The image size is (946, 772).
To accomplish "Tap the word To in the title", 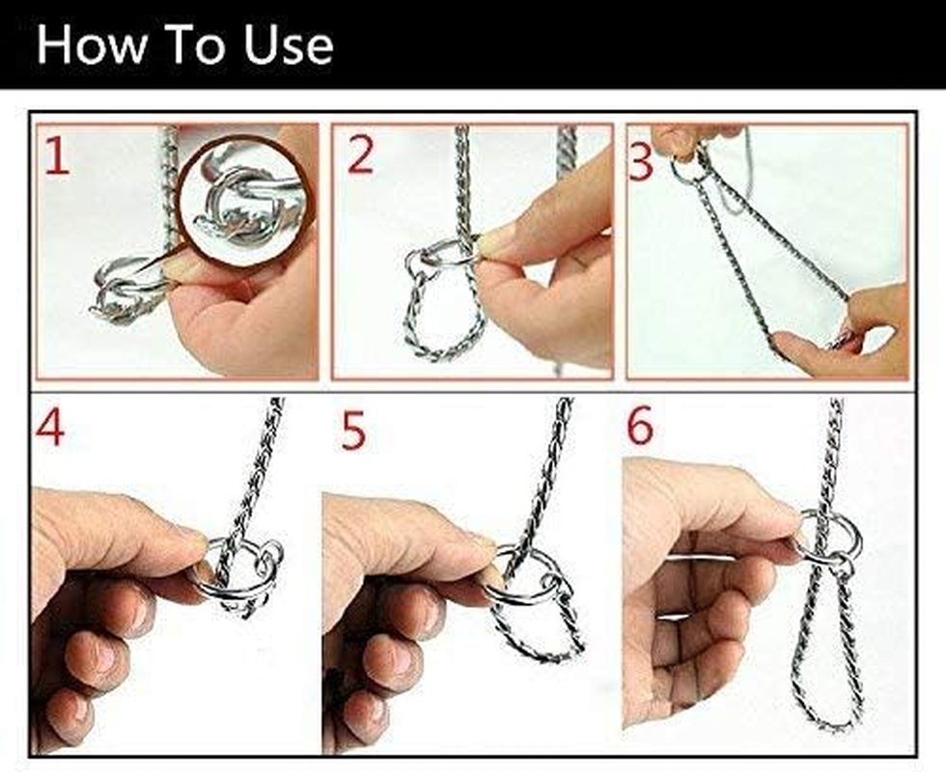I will (198, 45).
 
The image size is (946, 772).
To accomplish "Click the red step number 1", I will (57, 156).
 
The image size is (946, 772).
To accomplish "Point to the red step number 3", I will (641, 161).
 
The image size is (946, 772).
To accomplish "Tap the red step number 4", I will (50, 428).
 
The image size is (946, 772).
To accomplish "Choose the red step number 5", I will (354, 431).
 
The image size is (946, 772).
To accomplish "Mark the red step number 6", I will (640, 427).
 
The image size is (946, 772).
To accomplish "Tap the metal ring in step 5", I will (526, 577).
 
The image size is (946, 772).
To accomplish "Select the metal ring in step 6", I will (830, 536).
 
